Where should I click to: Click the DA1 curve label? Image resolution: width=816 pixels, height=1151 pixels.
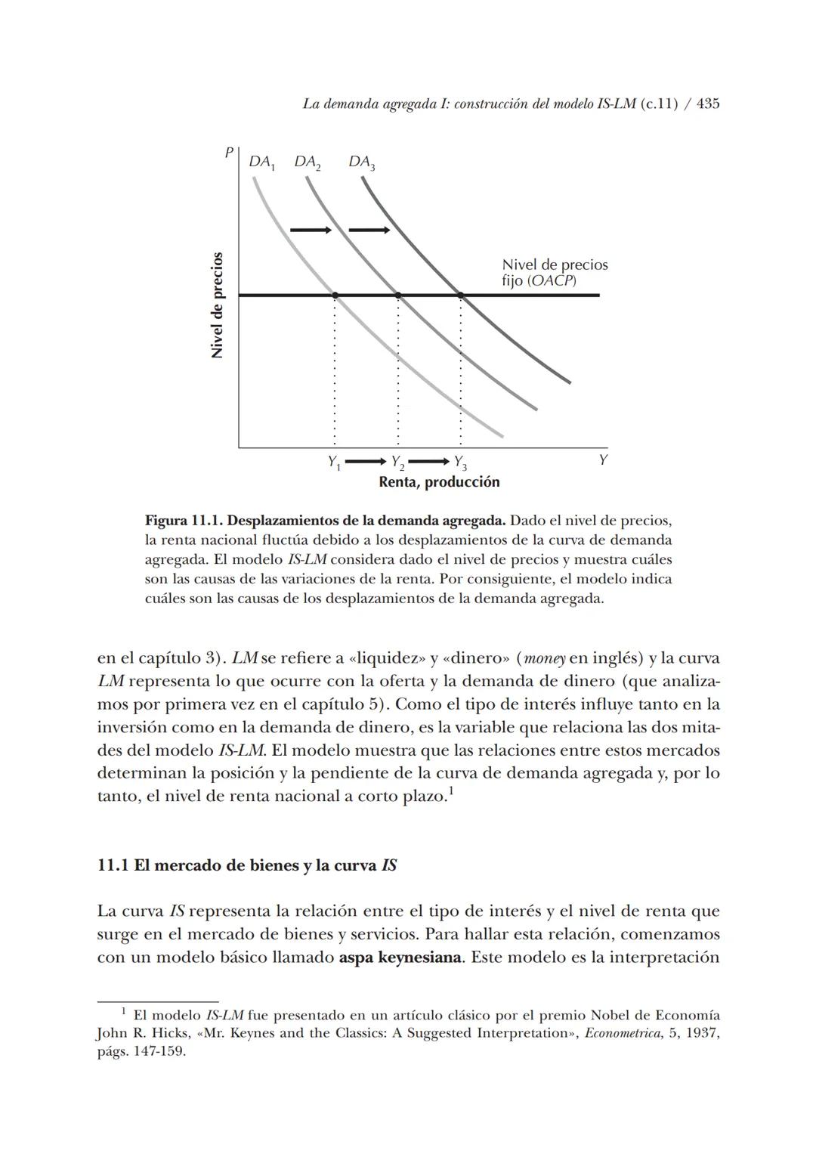pos(262,162)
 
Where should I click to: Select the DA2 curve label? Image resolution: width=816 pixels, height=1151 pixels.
pos(308,162)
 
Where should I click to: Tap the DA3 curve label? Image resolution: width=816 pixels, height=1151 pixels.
pos(362,162)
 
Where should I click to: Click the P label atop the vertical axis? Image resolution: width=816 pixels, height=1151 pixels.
pos(228,152)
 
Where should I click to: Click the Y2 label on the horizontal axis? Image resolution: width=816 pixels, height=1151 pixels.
pos(397,463)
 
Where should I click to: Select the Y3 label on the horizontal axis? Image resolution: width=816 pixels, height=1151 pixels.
pos(460,463)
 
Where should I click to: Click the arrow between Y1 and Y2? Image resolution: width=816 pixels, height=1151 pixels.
pos(366,461)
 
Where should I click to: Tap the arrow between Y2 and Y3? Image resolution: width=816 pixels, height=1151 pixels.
pos(428,461)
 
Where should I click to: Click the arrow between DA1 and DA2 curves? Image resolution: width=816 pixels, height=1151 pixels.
pos(311,230)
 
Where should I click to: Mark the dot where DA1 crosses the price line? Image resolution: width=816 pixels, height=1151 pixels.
pos(335,295)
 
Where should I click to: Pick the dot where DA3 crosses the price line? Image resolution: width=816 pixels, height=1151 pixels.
pos(460,295)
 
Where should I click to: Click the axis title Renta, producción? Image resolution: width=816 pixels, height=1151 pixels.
pos(439,482)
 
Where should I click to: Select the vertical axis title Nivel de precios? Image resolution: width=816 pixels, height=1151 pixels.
pos(218,305)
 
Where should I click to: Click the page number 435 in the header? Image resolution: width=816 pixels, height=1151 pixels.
pos(707,104)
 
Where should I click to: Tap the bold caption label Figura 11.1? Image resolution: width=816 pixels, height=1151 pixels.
pos(183,521)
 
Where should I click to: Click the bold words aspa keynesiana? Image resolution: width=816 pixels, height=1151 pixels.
pos(400,958)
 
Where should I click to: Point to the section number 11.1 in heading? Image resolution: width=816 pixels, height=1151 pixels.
pos(113,865)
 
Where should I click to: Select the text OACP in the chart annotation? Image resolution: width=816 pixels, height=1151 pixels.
pos(551,281)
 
